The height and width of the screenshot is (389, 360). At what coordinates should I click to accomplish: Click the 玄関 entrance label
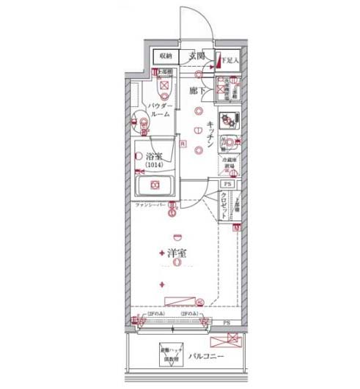195,56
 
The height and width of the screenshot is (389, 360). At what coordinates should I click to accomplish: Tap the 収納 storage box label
166,56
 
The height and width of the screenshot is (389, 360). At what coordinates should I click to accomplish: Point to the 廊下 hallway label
195,90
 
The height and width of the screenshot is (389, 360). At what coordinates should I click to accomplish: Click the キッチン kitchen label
210,133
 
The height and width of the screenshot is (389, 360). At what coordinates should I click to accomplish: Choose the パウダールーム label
160,111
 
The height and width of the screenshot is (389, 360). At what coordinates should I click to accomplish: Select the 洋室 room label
175,253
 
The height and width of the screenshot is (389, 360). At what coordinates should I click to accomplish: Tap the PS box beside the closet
227,185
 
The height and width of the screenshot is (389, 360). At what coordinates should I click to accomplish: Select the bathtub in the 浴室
155,185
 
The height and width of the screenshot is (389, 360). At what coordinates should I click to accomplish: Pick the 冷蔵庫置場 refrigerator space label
229,167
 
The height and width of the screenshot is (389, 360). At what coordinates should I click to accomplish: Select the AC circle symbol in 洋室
200,301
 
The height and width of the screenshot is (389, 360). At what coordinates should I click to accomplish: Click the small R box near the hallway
183,144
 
